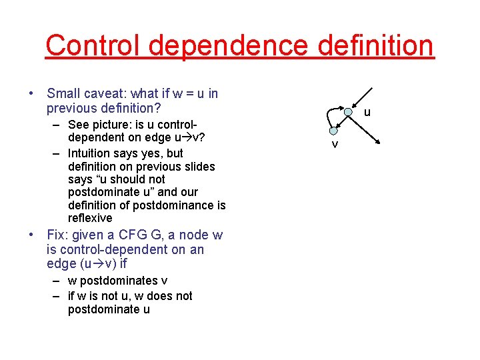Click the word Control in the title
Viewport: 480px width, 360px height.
94,45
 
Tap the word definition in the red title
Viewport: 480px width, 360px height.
377,45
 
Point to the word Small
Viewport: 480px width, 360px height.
62,93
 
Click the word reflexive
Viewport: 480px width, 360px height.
90,218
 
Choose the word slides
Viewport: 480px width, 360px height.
197,167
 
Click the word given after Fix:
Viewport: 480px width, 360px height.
89,235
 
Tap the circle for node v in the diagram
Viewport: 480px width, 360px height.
333,131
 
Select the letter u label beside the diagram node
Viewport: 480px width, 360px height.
367,113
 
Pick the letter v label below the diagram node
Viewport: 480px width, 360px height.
335,145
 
